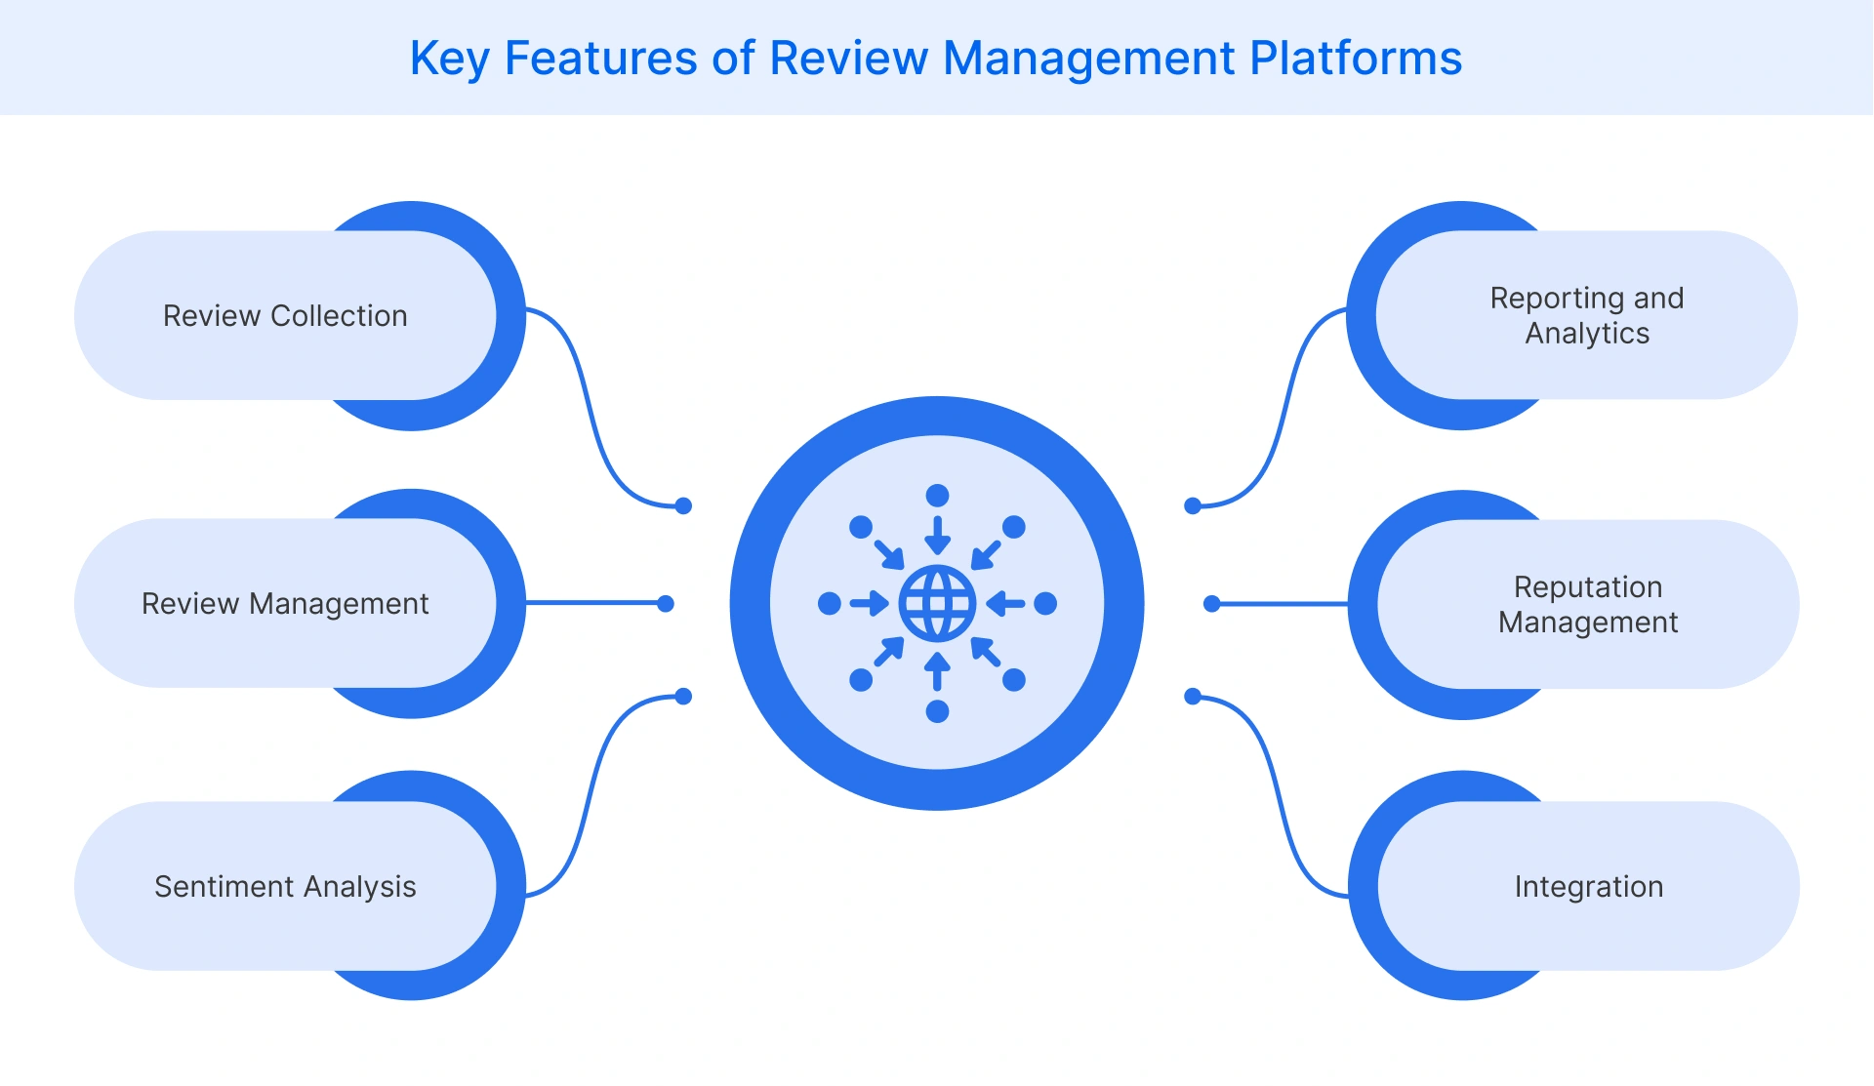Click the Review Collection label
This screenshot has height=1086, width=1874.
[285, 316]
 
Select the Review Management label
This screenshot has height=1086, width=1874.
[285, 604]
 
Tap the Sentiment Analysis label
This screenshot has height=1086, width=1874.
[285, 886]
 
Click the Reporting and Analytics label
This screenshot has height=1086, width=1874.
[1587, 315]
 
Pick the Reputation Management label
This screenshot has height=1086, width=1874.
[1588, 604]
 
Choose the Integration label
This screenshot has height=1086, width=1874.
[1588, 886]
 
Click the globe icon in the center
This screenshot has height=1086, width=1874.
[937, 603]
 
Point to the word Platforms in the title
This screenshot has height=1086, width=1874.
[1356, 59]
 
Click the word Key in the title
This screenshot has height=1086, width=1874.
[448, 59]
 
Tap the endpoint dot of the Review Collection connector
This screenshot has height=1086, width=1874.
[683, 505]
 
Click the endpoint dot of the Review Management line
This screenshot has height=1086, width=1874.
[666, 604]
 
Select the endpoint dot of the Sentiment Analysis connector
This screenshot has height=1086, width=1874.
[683, 696]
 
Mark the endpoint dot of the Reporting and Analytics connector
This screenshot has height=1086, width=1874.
[1192, 505]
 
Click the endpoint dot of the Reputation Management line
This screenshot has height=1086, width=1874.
[1211, 604]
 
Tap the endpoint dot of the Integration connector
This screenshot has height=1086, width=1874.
[1192, 696]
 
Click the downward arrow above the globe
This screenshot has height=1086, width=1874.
[937, 535]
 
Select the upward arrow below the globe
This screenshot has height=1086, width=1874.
[937, 671]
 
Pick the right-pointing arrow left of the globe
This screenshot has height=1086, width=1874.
[869, 604]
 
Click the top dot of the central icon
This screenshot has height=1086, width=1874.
[937, 495]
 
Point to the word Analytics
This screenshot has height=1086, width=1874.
[1587, 334]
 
